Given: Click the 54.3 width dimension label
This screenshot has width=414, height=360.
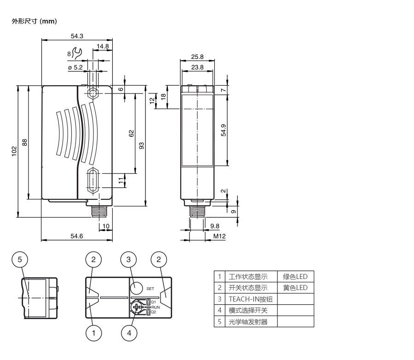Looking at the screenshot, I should click(77, 36).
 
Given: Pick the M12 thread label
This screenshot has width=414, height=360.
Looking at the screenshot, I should click(219, 236).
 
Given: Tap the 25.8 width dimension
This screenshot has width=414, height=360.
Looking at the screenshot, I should click(197, 57).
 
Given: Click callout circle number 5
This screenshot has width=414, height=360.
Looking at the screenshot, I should click(20, 260).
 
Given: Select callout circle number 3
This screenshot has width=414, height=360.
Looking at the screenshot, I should click(129, 260).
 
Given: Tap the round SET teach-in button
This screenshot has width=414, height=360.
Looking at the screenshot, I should click(136, 288).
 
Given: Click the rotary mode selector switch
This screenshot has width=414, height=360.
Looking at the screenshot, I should click(138, 307).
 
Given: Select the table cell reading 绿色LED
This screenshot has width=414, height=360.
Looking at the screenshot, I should click(295, 277).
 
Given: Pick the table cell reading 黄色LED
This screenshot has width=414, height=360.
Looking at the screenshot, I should click(295, 288).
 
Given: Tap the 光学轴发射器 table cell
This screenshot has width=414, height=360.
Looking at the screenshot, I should click(248, 321).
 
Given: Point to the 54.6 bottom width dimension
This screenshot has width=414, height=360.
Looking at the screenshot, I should click(77, 236).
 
